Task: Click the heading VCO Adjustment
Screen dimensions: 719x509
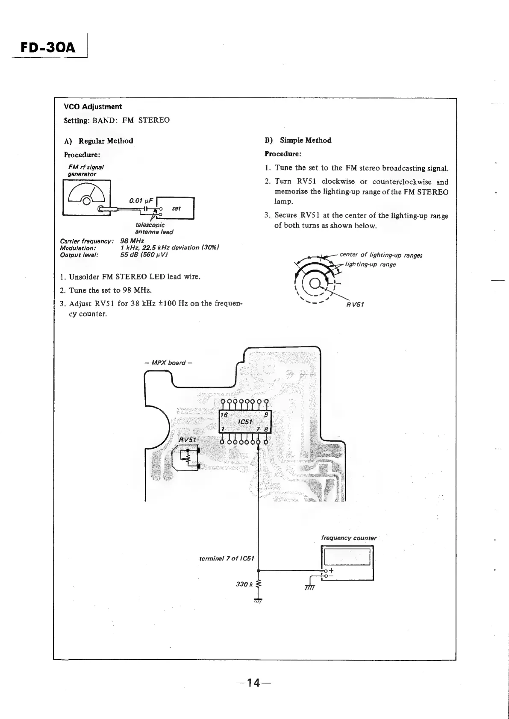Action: (93, 107)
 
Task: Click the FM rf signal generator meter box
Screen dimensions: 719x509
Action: (87, 197)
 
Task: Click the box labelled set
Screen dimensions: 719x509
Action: (176, 208)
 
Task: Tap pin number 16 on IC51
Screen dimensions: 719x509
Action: (224, 415)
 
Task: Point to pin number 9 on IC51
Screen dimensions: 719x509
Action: (266, 415)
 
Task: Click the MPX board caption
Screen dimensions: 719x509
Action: (168, 363)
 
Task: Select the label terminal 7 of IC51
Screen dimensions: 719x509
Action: (227, 559)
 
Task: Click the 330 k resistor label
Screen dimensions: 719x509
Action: (244, 584)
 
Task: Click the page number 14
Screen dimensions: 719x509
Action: (254, 683)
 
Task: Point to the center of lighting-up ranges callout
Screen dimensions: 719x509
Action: (381, 255)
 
